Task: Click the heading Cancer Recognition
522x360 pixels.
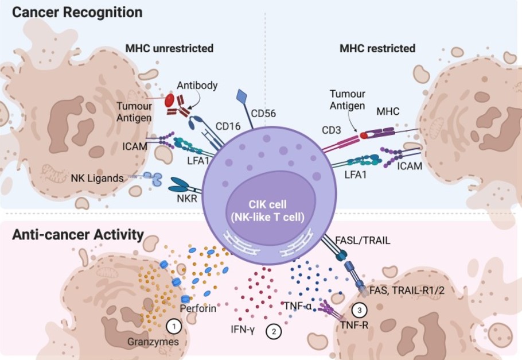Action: coord(77,11)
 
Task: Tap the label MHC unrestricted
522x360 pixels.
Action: coord(169,48)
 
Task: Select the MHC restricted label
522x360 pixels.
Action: coord(377,48)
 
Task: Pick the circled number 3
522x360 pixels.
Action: coord(360,310)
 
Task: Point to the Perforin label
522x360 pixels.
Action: coord(198,308)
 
